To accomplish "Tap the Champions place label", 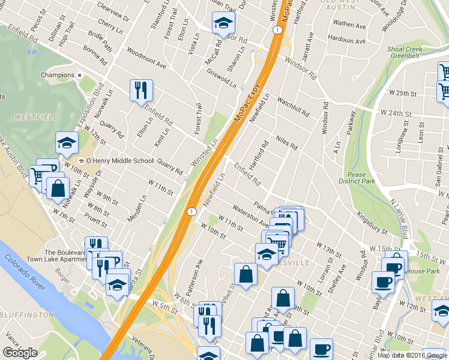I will coord(56,75).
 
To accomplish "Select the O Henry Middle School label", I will coord(120,161).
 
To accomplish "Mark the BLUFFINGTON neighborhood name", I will coord(28,314).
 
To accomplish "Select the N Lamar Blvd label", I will coord(402,214).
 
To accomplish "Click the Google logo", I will coord(20,353).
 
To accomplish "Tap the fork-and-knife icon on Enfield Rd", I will coord(141,91).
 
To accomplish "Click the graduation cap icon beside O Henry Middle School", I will coord(67,143).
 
